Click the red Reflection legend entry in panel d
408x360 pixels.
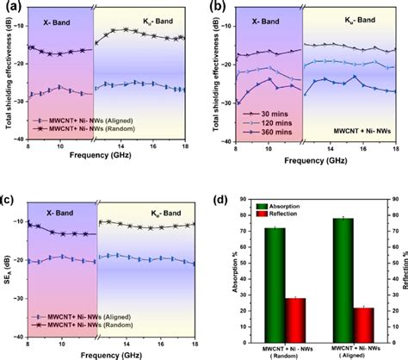[x=275, y=214]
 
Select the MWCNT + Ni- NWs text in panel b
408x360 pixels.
[x=361, y=133]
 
